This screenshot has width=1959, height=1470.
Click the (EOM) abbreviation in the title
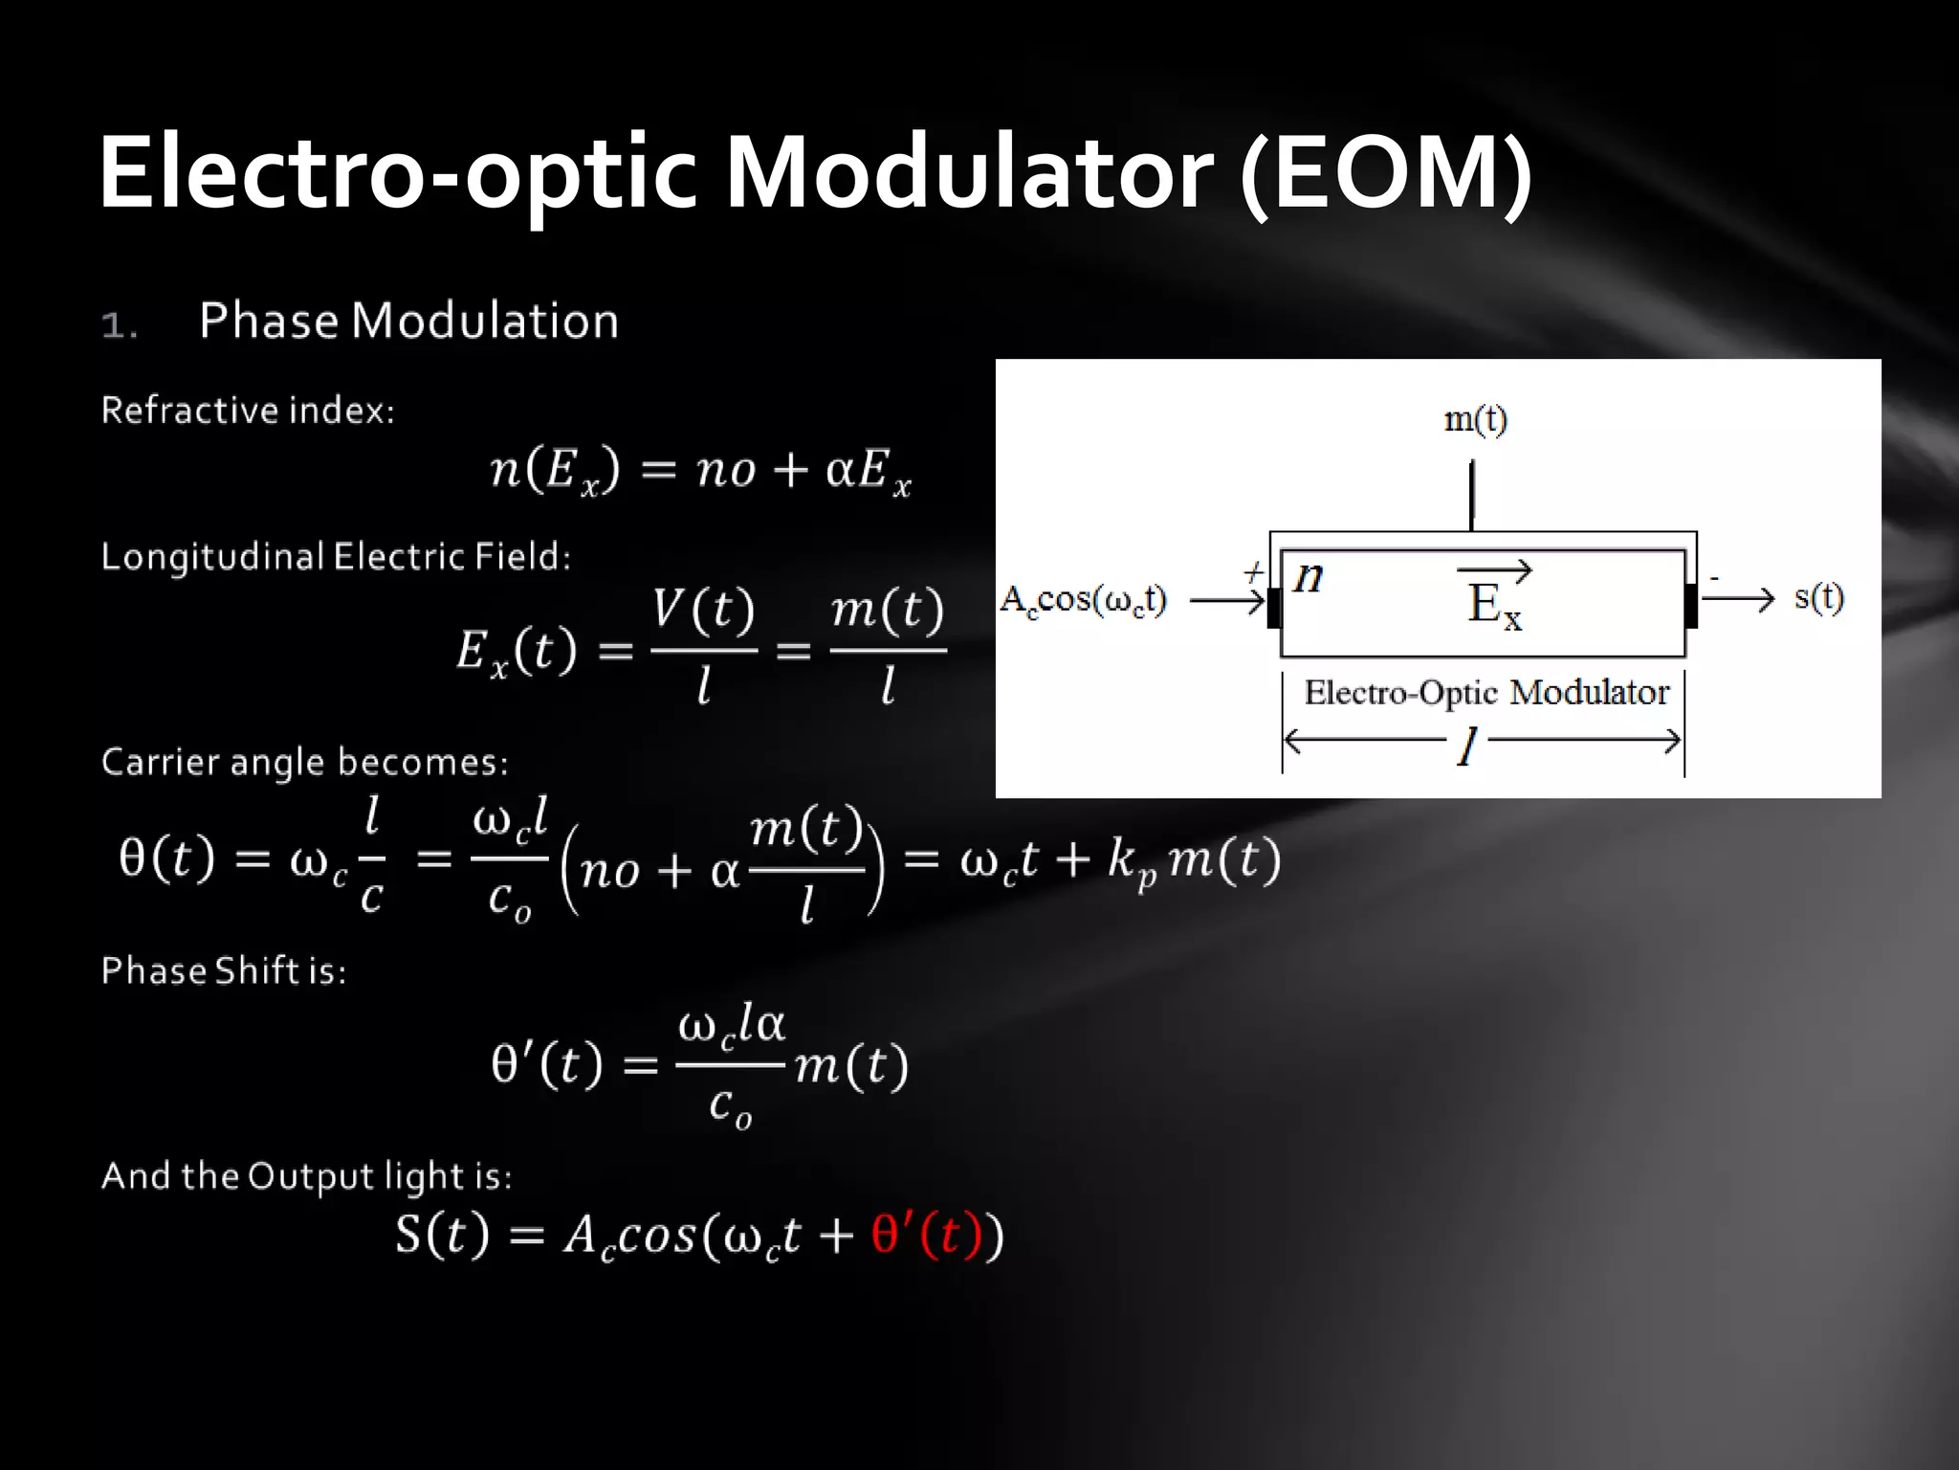(1386, 172)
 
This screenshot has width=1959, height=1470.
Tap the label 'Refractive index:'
(248, 411)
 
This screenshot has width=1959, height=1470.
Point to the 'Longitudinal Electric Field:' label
(336, 557)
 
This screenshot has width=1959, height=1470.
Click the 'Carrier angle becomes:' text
(304, 762)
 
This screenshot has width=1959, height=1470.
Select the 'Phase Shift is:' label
(224, 970)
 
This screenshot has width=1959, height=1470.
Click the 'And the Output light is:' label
(306, 1176)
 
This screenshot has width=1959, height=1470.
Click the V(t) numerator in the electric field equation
(704, 610)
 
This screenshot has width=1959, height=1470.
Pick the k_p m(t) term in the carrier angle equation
(1194, 858)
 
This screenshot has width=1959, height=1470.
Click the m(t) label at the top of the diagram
(1475, 419)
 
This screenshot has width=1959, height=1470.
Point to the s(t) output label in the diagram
(1818, 597)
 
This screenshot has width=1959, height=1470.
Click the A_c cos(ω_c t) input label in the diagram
(1083, 600)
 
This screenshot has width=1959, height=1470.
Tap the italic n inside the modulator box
(1309, 576)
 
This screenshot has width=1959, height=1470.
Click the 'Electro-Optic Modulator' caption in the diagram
(1486, 692)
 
